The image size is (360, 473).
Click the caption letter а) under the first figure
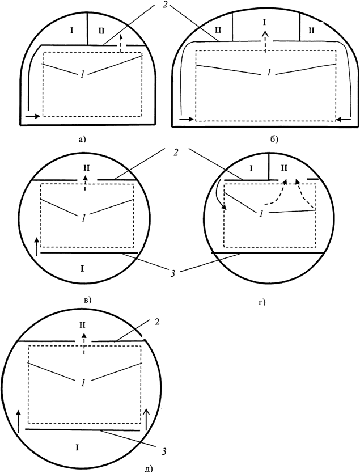pyautogui.click(x=82, y=139)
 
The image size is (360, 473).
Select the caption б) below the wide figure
pyautogui.click(x=274, y=140)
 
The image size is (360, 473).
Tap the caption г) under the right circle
pyautogui.click(x=262, y=302)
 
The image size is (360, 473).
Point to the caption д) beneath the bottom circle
pyautogui.click(x=149, y=469)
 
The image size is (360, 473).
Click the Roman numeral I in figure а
pyautogui.click(x=71, y=31)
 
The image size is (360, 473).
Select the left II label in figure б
pyautogui.click(x=218, y=30)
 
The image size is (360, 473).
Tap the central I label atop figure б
pyautogui.click(x=265, y=22)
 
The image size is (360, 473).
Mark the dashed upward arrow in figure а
pyautogui.click(x=121, y=44)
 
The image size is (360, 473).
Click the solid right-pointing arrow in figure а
pyautogui.click(x=33, y=116)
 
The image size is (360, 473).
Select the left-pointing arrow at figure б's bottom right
pyautogui.click(x=344, y=120)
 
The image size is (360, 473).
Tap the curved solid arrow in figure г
pyautogui.click(x=221, y=196)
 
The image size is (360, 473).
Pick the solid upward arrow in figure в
pyautogui.click(x=37, y=247)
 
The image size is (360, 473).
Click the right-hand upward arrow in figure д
pyautogui.click(x=146, y=420)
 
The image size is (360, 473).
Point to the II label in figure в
pyautogui.click(x=86, y=167)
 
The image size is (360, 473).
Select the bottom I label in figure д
pyautogui.click(x=77, y=448)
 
